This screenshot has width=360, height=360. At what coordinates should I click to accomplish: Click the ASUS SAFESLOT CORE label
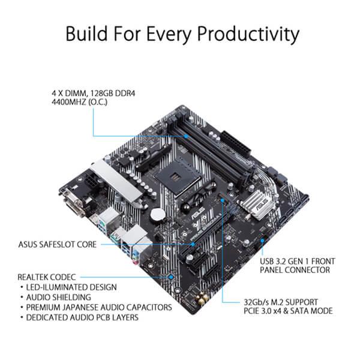pos(58,244)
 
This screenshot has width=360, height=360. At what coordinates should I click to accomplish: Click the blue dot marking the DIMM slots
pos(188,136)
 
